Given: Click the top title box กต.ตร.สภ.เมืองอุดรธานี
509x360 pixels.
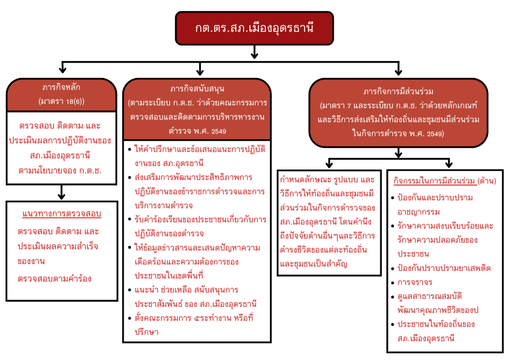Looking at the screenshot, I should click(254, 28).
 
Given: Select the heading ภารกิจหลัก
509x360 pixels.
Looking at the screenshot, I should click(62, 88).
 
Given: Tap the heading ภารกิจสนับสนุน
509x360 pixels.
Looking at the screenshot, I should click(197, 90).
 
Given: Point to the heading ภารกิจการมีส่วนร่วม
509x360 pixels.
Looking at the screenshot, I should click(399, 92).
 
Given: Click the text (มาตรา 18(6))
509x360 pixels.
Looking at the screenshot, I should click(62, 101).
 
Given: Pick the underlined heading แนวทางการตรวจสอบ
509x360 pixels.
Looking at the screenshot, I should click(62, 214).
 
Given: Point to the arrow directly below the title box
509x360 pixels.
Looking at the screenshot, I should click(254, 52).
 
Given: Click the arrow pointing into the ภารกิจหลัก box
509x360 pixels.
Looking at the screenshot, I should click(62, 68).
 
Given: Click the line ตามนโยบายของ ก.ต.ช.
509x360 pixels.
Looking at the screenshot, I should click(62, 171).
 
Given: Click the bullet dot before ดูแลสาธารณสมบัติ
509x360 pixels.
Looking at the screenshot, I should click(394, 297).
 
